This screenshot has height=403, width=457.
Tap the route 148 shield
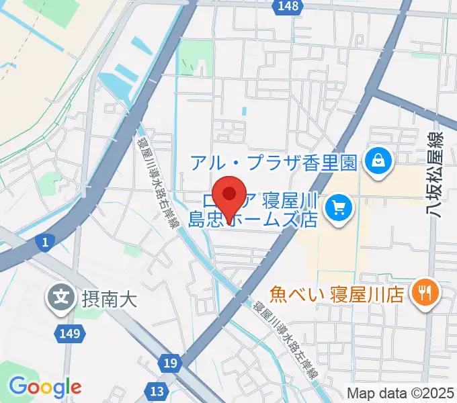click(287, 6)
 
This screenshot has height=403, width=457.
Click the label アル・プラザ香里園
click(273, 162)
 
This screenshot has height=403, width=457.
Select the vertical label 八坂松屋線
click(438, 175)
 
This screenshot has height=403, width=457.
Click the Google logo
click(45, 387)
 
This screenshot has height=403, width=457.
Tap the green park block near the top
click(196, 56)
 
